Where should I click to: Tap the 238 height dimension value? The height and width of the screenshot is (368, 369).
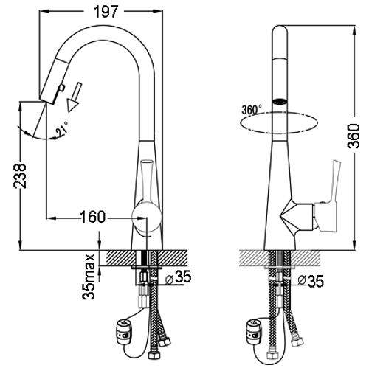[20, 176]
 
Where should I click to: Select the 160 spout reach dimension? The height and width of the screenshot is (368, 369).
[93, 217]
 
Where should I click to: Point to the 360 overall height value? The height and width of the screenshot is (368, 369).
[354, 136]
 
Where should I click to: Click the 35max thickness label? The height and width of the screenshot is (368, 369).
[89, 277]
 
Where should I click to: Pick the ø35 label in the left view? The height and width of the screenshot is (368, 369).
[179, 277]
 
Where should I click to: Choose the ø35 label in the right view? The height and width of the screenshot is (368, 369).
[311, 281]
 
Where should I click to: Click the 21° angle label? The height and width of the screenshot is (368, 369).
[62, 128]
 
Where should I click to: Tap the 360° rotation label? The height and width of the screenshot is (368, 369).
[252, 109]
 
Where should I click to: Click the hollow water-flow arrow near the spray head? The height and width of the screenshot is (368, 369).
[75, 97]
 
